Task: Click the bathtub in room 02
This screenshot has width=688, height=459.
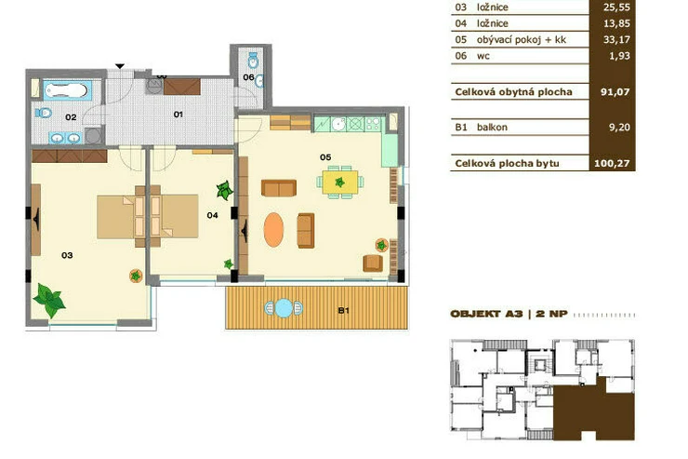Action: [68, 90]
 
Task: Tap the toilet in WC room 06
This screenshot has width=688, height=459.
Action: [253, 61]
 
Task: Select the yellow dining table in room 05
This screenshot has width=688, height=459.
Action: [340, 182]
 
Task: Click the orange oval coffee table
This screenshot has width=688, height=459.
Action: [273, 230]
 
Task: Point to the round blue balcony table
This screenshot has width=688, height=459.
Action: [284, 308]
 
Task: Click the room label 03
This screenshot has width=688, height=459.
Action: [67, 255]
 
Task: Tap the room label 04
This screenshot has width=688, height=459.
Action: [212, 215]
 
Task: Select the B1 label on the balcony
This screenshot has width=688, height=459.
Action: [344, 311]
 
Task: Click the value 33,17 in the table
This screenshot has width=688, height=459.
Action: [616, 39]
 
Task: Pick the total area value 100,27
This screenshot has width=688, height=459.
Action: [612, 163]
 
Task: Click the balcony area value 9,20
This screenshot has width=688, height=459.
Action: [619, 128]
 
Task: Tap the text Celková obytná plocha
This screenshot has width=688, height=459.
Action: [513, 92]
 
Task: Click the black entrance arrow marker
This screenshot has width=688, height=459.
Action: [120, 66]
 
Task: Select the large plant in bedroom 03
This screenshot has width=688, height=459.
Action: [49, 300]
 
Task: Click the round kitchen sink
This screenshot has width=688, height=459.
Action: [338, 125]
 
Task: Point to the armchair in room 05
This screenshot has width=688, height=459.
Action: [373, 263]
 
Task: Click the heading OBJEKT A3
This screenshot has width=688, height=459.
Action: [486, 314]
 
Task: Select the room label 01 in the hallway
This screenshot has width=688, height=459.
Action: [178, 115]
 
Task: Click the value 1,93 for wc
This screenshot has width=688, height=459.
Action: [619, 56]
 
